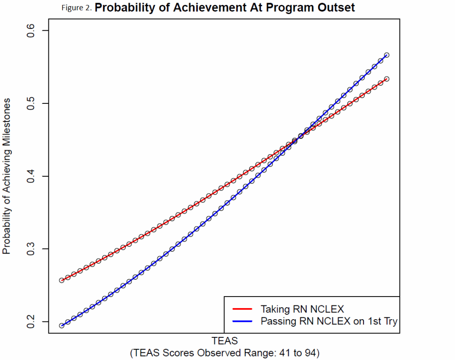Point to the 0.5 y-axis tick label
(x=32, y=103)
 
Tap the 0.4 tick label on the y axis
(x=32, y=176)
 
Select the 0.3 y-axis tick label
(x=32, y=249)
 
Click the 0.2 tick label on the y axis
(x=32, y=321)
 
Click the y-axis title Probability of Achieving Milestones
(x=7, y=176)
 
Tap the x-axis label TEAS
(x=225, y=341)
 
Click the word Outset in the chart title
(x=336, y=8)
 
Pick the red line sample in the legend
(x=243, y=309)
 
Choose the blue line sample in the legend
(x=243, y=320)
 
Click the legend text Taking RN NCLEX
(x=302, y=309)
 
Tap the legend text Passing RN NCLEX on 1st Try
(x=328, y=320)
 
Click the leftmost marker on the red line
(x=62, y=281)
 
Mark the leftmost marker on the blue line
(x=62, y=325)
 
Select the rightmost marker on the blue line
(x=387, y=55)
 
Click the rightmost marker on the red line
(x=387, y=79)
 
